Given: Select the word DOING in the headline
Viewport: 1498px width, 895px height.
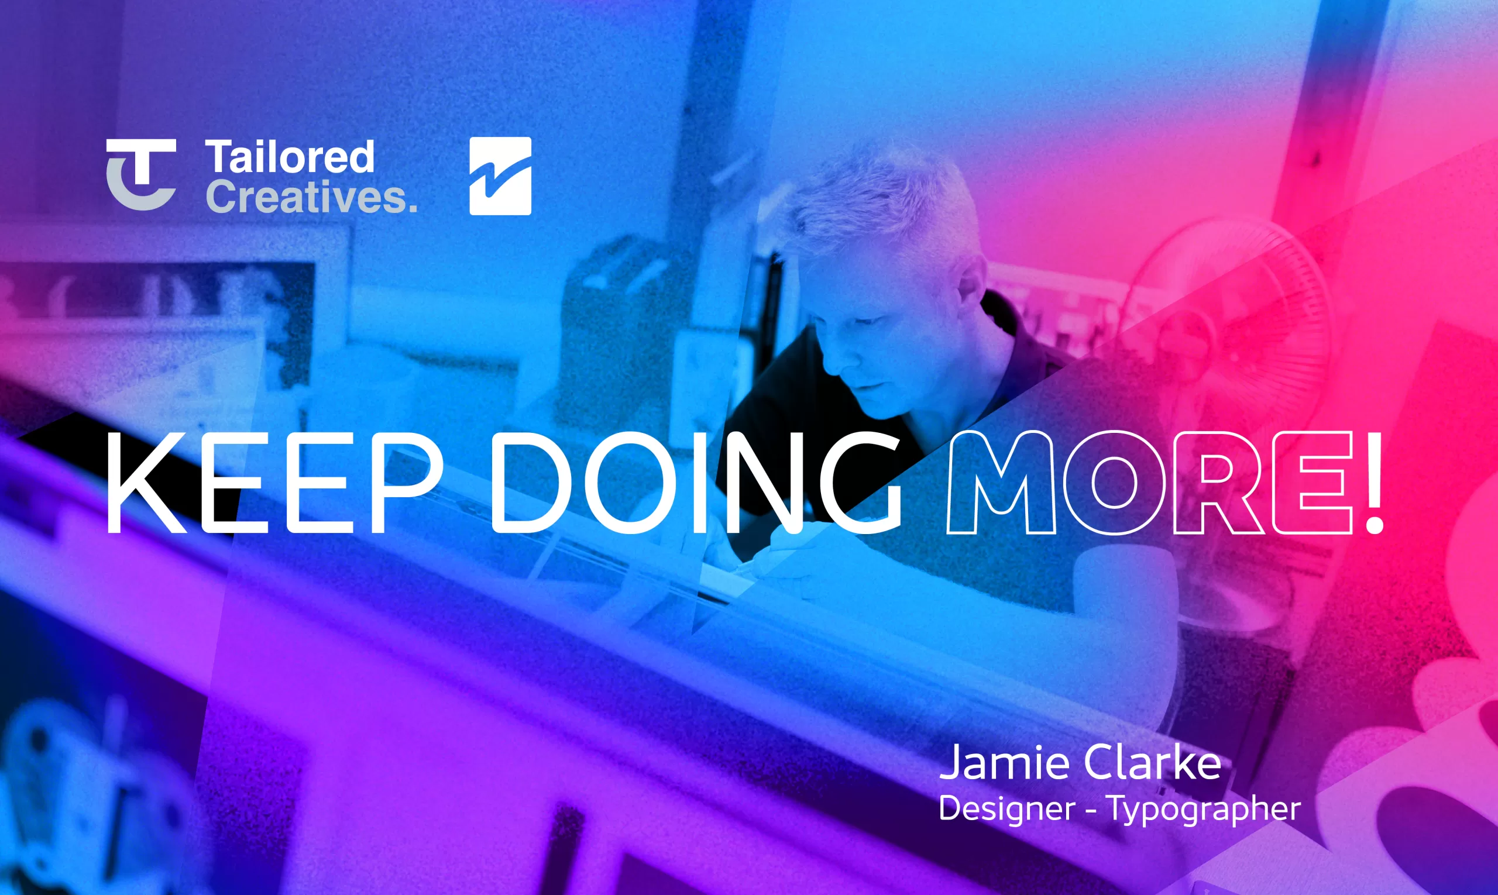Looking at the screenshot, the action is pyautogui.click(x=697, y=483).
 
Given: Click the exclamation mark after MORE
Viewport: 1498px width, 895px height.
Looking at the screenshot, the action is pyautogui.click(x=1375, y=483).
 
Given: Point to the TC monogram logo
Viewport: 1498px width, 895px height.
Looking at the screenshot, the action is pyautogui.click(x=141, y=174).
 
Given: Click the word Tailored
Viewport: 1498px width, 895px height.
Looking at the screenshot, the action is pyautogui.click(x=290, y=157).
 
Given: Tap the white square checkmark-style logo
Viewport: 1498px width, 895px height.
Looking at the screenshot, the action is pyautogui.click(x=500, y=175).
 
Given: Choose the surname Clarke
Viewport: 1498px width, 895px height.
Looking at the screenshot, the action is pyautogui.click(x=1153, y=762).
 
